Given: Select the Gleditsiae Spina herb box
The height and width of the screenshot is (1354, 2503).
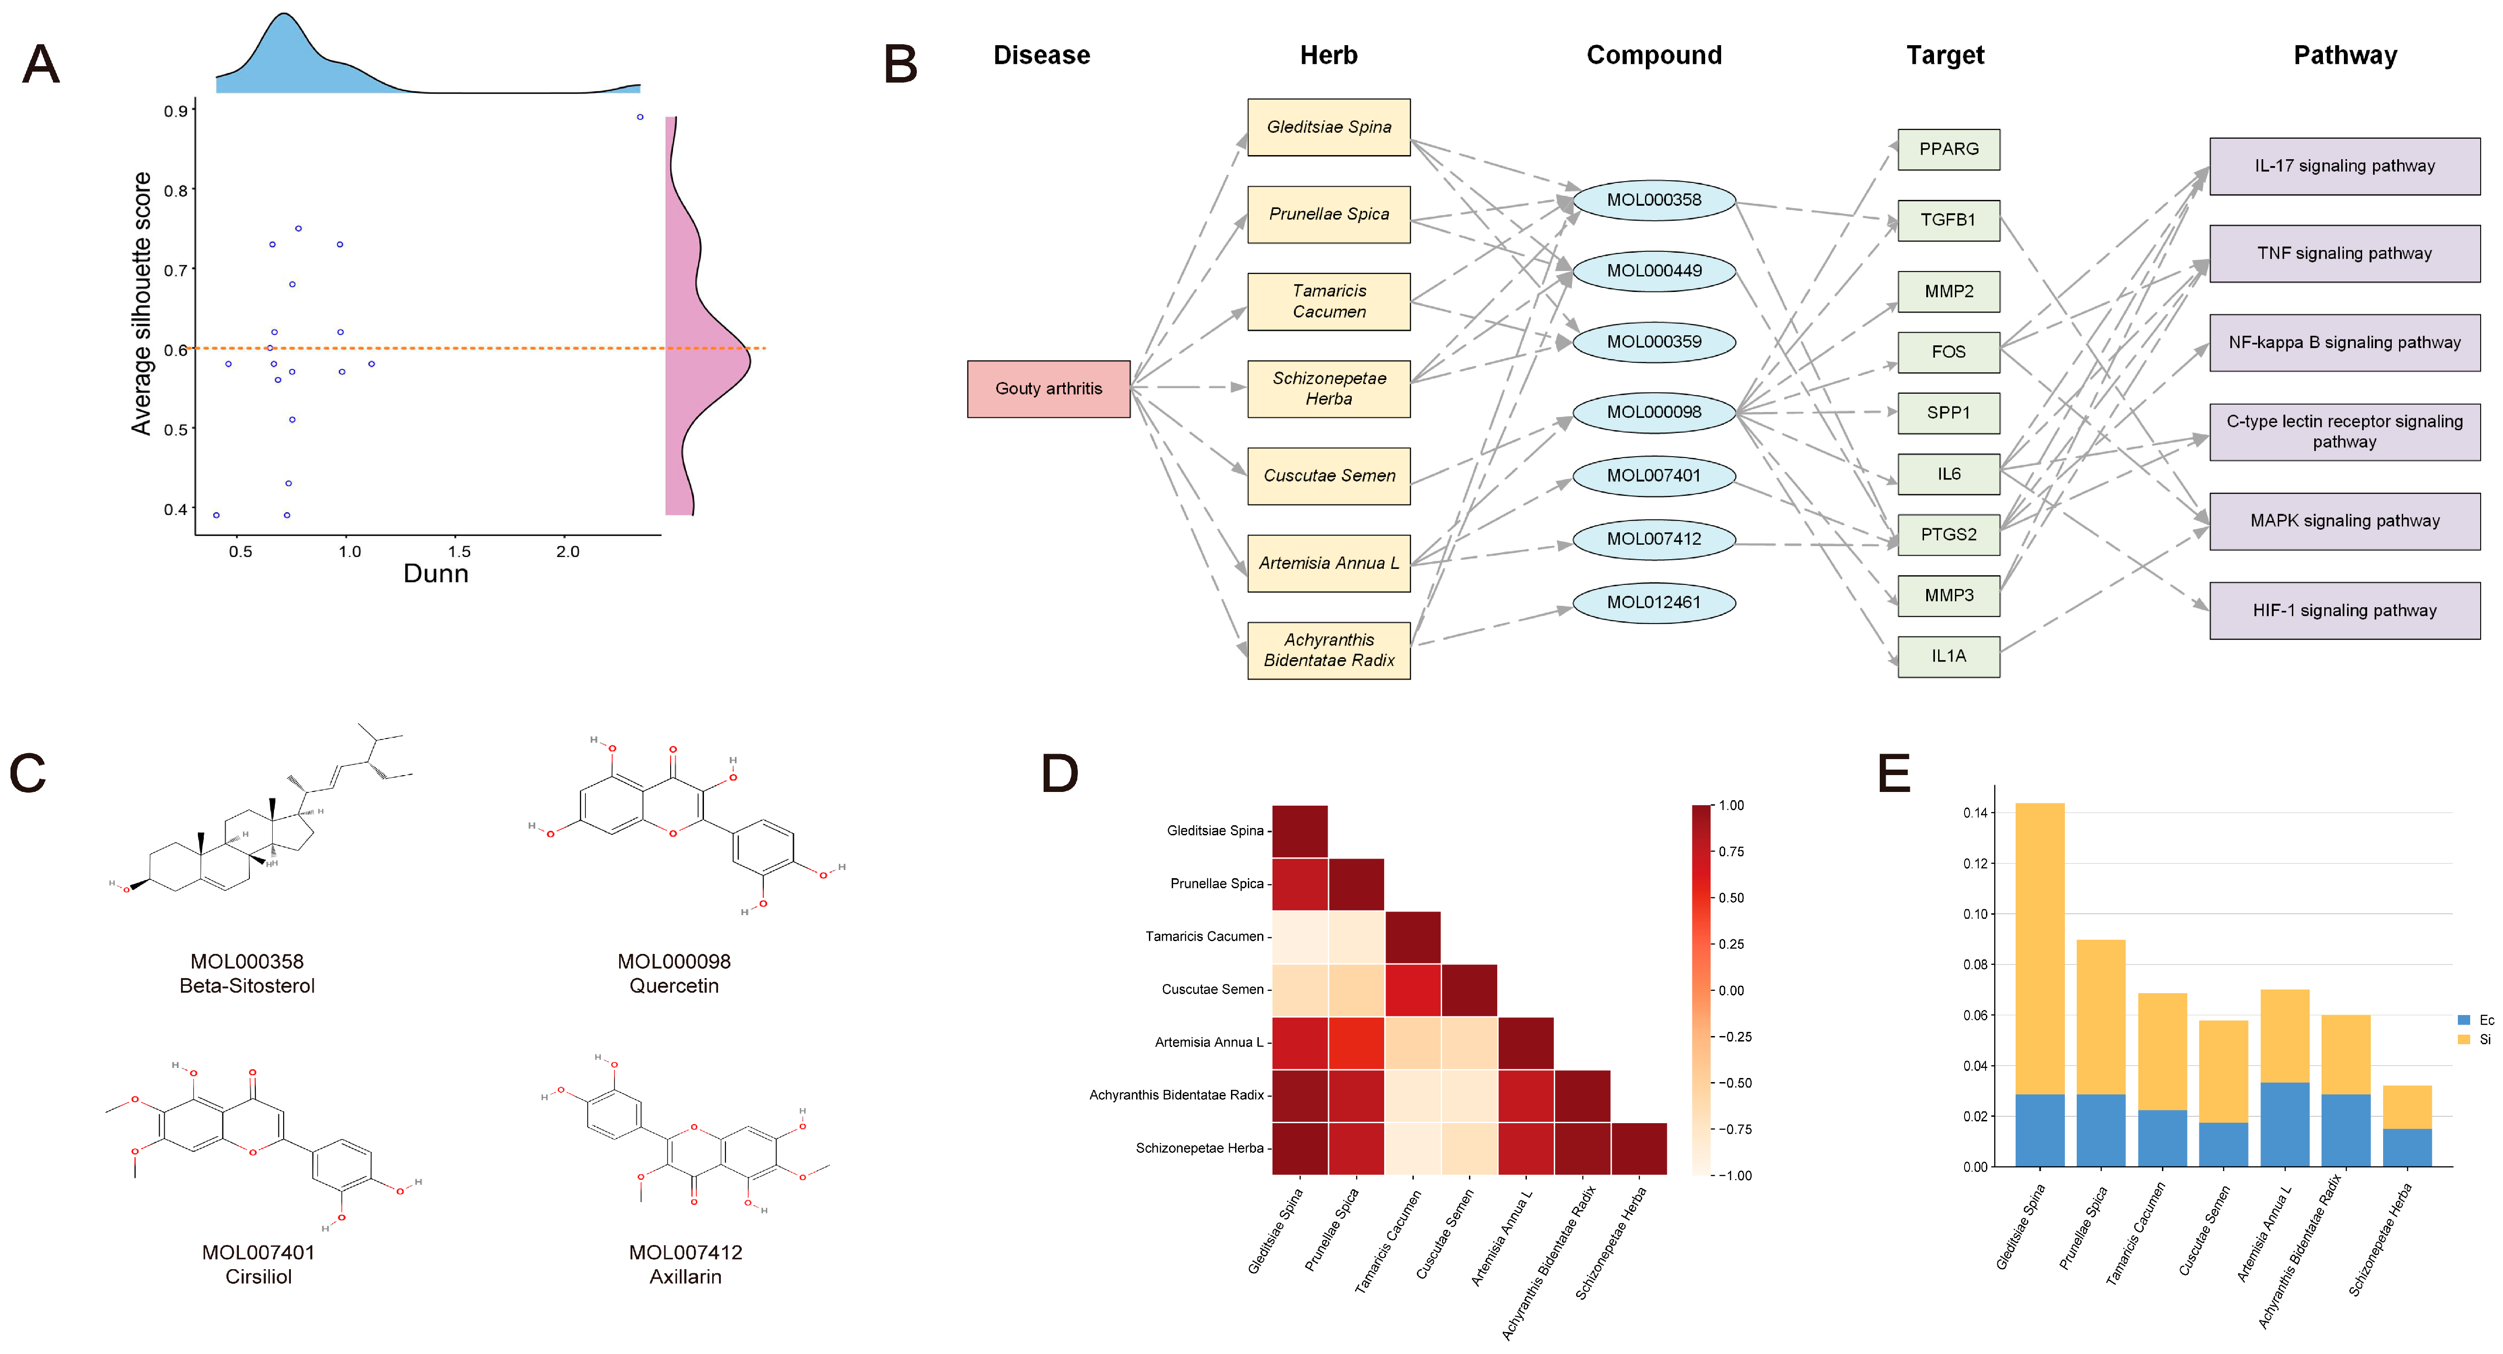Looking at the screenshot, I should [1328, 127].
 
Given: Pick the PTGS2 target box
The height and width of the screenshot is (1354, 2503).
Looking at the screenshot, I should [1948, 535].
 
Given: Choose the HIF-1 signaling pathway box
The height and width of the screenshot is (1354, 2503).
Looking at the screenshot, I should [2343, 610].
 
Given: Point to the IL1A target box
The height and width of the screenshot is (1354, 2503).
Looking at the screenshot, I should [1948, 656].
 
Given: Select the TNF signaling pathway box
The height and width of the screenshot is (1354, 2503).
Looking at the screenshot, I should [2343, 254].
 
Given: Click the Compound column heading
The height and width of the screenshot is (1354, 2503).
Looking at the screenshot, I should [1654, 55].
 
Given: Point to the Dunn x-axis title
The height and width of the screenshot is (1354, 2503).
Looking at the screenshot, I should [435, 573].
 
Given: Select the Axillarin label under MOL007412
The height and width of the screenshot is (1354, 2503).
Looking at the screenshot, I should [685, 1276].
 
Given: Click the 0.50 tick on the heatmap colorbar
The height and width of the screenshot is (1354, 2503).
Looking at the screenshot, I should [1731, 898].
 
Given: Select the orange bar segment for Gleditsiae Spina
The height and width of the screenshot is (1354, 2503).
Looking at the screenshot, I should [2039, 948].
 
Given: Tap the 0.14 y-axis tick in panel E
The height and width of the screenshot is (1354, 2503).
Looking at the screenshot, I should [1975, 812].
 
